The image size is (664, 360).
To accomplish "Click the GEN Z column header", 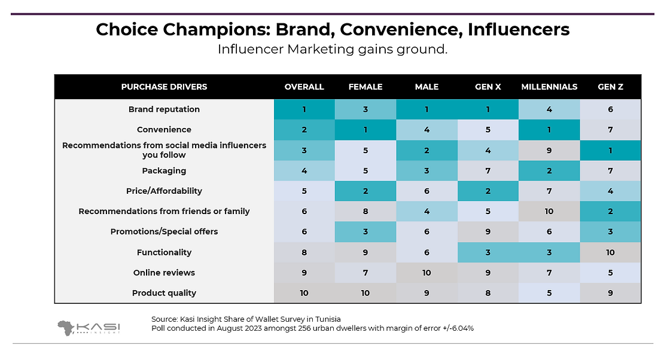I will click(610, 87).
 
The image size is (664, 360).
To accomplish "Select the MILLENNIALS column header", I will click(549, 87).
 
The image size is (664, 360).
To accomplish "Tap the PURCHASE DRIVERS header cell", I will click(164, 87).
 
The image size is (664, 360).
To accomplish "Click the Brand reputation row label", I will click(164, 109).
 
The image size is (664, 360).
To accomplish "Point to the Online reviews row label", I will click(164, 273).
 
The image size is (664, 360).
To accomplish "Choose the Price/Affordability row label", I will click(164, 191).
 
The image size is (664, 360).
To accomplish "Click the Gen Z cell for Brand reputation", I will click(610, 109).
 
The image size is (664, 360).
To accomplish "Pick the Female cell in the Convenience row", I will click(365, 130).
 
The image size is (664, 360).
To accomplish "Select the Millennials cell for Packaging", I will click(549, 171).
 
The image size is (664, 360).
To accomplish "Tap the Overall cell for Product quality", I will click(304, 293).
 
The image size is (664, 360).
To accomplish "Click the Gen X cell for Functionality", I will click(488, 252).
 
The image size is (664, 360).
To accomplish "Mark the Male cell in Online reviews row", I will click(427, 273).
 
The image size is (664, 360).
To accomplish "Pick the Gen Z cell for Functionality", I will click(610, 252).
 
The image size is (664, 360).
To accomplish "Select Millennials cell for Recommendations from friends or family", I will click(549, 211).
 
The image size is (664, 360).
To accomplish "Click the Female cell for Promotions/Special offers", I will click(365, 231).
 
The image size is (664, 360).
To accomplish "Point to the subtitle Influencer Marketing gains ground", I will click(333, 50).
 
